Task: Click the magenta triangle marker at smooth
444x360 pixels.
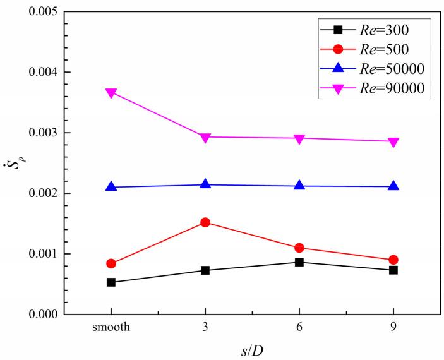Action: [x=111, y=93]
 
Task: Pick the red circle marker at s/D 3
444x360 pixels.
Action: [x=205, y=222]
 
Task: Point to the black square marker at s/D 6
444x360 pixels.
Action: [x=299, y=262]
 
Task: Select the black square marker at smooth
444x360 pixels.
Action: [x=111, y=282]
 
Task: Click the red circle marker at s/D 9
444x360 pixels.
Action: [x=393, y=260]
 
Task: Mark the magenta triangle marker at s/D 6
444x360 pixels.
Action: [x=299, y=138]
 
